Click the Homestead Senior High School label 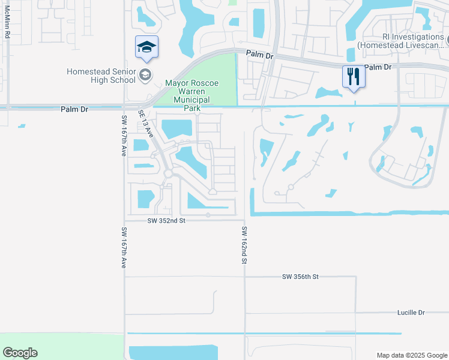click(x=101, y=76)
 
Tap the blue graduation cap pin click(x=146, y=47)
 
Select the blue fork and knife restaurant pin click(x=353, y=77)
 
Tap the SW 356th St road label click(x=300, y=277)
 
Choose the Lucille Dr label click(x=411, y=313)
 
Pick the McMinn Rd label click(x=7, y=25)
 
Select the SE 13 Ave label click(x=146, y=124)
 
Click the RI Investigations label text click(x=400, y=40)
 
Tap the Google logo click(x=20, y=353)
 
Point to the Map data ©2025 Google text click(x=411, y=355)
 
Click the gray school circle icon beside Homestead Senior click(x=145, y=75)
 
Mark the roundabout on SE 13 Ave click(x=169, y=173)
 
